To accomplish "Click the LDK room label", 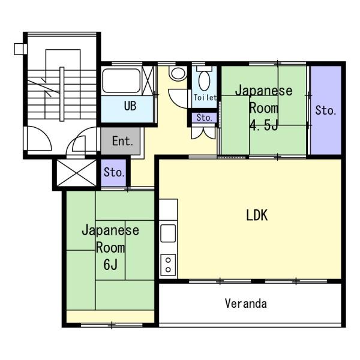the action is click(257, 215).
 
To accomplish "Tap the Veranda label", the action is click(245, 303).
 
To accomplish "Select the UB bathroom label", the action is click(130, 106).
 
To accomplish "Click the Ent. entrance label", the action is click(122, 141).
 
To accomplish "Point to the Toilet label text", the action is click(205, 98).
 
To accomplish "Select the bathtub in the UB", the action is click(121, 80).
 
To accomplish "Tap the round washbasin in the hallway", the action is click(178, 73).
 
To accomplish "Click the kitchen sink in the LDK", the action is click(168, 233).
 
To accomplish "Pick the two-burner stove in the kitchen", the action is click(168, 265).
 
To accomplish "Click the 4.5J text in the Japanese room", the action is click(264, 125).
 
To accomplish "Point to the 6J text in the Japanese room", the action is click(110, 265).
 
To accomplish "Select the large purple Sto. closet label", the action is click(326, 110).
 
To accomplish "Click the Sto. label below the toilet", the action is click(205, 118).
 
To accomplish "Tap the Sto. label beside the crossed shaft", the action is click(114, 172).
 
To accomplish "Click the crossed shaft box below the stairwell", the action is click(76, 173).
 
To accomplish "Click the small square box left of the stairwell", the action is click(20, 49).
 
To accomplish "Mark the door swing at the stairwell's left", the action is click(39, 139).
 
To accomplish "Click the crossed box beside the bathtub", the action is click(148, 80).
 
